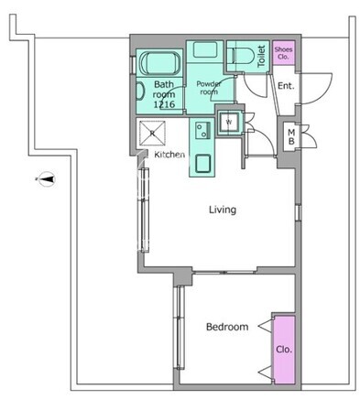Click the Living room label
(223, 210)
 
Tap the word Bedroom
(227, 327)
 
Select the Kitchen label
(169, 155)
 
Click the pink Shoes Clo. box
(284, 52)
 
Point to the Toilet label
(261, 57)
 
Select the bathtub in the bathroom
(159, 63)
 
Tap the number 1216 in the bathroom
(164, 104)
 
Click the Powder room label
(209, 88)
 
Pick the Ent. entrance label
(286, 86)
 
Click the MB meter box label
(291, 137)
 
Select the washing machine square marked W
(229, 122)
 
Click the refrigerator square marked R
(152, 133)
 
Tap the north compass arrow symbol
(47, 179)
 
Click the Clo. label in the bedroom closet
(284, 350)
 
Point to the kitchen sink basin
(202, 164)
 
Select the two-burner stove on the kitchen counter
(202, 130)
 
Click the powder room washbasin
(205, 49)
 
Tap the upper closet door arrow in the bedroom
(265, 327)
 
